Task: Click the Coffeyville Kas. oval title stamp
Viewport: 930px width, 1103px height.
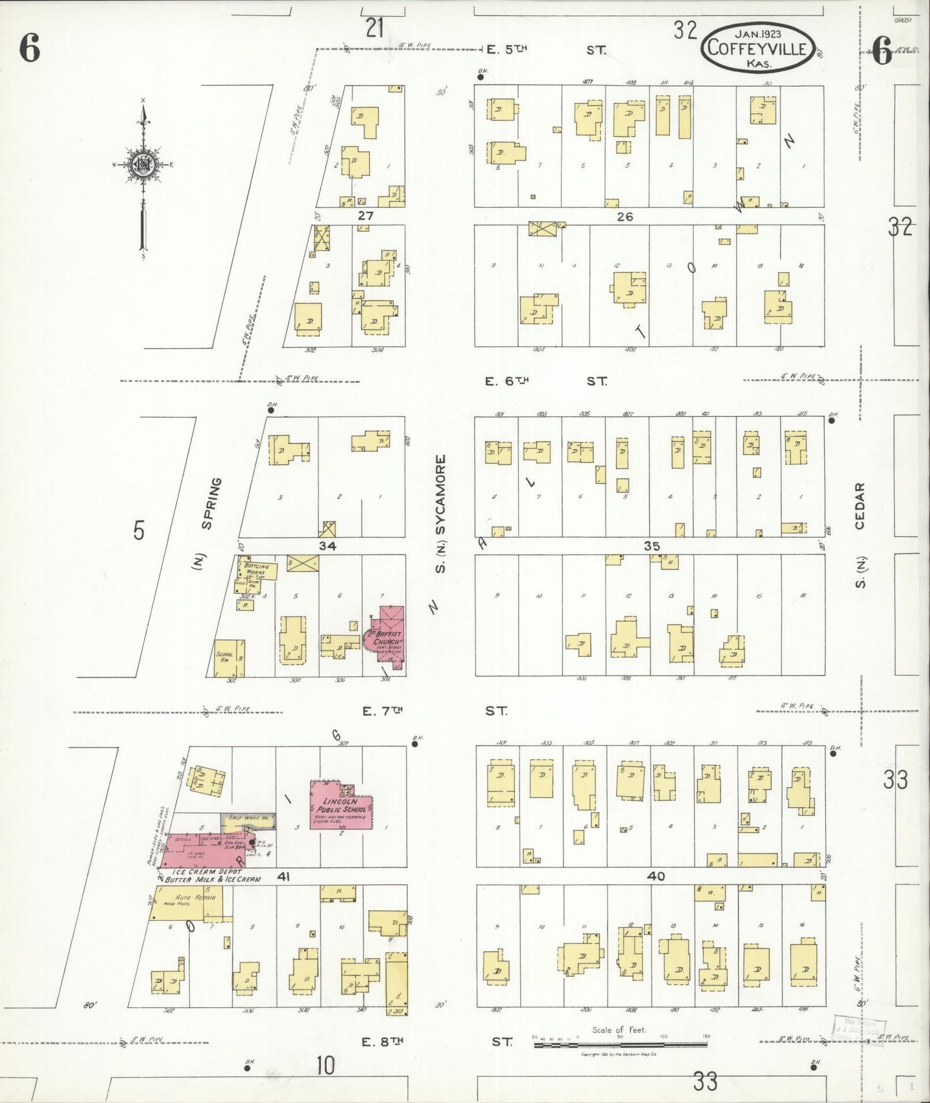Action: pyautogui.click(x=756, y=46)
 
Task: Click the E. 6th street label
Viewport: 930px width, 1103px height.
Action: pyautogui.click(x=507, y=381)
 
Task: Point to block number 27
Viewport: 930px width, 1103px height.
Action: pyautogui.click(x=366, y=216)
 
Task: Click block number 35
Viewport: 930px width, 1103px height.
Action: pyautogui.click(x=652, y=546)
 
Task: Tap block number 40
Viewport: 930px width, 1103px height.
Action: pyautogui.click(x=656, y=876)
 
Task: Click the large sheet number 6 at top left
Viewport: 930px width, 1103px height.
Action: pyautogui.click(x=30, y=49)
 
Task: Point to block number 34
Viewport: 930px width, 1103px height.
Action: pyautogui.click(x=327, y=546)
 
